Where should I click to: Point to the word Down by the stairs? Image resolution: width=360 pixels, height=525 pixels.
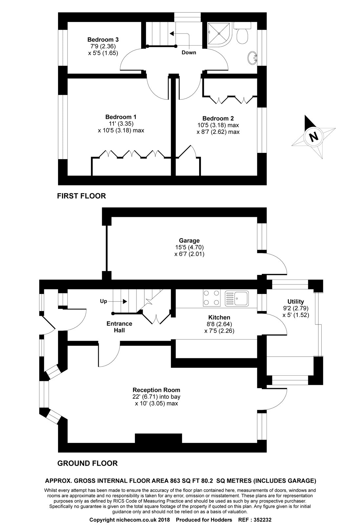(x=189, y=52)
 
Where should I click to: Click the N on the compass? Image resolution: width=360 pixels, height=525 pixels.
(x=314, y=136)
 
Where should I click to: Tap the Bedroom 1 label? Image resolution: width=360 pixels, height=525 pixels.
(x=121, y=117)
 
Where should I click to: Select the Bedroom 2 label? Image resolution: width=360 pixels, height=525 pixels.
(x=218, y=118)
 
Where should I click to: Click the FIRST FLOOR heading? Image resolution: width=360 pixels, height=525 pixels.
(x=81, y=196)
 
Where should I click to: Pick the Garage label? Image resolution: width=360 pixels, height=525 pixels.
(x=189, y=241)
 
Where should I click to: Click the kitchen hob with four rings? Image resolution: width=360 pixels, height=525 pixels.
(x=212, y=298)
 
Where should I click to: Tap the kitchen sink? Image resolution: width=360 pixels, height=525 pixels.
(x=237, y=298)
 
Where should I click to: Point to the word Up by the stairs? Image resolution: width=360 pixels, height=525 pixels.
(x=103, y=301)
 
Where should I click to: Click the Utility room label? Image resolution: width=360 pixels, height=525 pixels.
(x=296, y=302)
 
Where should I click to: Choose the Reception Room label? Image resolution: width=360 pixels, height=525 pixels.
(x=156, y=390)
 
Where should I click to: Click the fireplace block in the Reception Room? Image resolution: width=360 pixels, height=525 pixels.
(x=158, y=438)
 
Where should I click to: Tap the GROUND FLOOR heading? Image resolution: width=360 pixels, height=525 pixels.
(x=87, y=463)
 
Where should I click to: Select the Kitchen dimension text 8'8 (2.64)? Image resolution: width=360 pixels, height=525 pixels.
(x=219, y=324)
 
